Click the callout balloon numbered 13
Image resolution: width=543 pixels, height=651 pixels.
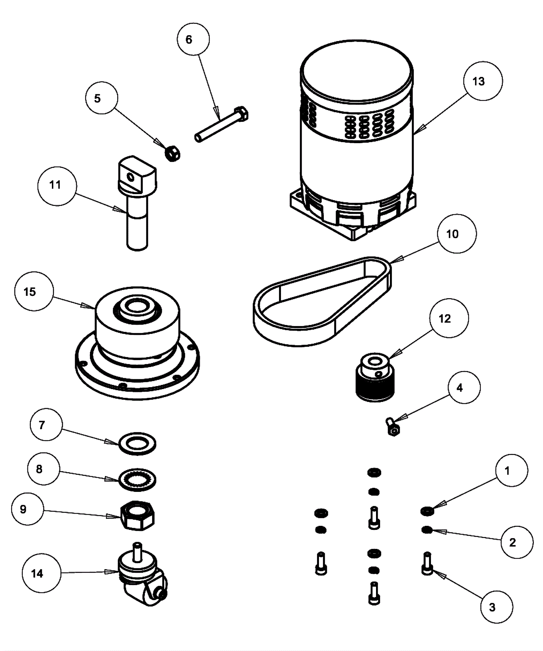483,81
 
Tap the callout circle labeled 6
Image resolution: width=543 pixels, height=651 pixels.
193,39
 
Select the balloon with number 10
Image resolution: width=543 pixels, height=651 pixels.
457,233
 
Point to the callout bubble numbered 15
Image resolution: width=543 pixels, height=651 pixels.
34,291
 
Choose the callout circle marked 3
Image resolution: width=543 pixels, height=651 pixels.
497,607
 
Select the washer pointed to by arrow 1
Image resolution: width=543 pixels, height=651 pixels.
427,511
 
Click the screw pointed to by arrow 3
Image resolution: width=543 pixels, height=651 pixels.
427,563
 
